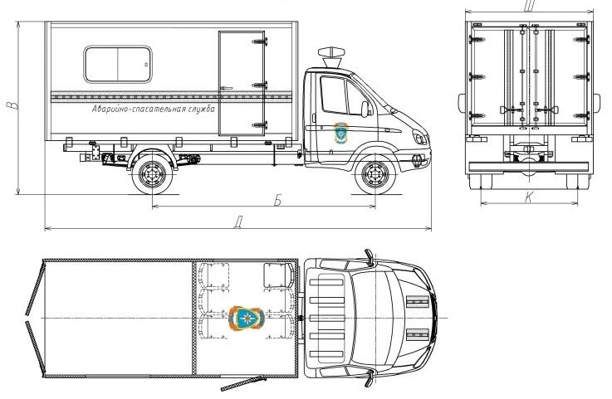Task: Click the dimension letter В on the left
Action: tap(11, 108)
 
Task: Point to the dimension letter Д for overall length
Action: tap(239, 221)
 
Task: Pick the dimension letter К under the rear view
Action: tap(529, 197)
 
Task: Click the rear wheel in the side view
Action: tap(153, 175)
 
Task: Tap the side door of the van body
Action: tap(242, 83)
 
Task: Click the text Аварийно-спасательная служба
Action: tap(154, 109)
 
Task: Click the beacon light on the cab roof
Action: tap(329, 53)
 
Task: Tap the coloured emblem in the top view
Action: tap(247, 318)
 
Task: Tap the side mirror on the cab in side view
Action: tap(365, 109)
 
